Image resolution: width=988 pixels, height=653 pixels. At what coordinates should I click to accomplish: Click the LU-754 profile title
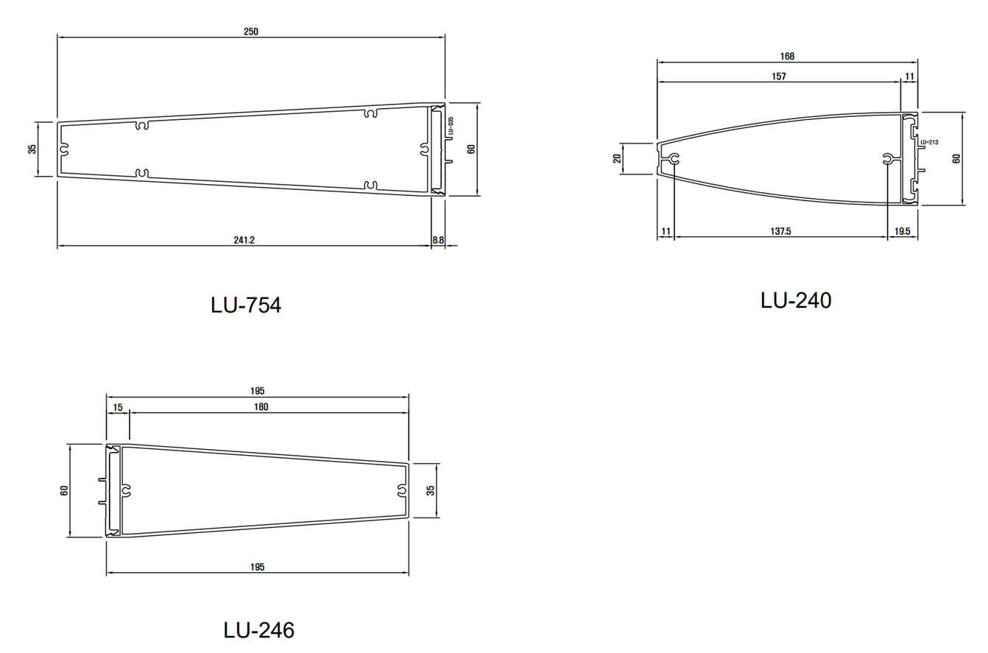coord(246,305)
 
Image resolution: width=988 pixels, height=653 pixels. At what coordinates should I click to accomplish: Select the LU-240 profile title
coord(796,300)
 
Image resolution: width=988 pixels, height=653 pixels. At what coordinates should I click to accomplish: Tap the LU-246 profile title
coord(259,630)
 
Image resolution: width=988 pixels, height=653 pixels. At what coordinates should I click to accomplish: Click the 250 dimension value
coord(251,32)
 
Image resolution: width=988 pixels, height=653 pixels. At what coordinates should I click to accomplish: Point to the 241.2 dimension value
coord(244,240)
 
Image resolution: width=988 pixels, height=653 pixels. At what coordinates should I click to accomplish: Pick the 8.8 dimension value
coord(438,240)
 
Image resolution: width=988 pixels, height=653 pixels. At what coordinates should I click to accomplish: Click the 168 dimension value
coord(787,57)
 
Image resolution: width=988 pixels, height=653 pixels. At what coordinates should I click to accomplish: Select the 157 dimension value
coord(779,77)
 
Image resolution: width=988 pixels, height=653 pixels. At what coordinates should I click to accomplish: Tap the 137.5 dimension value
coord(780,231)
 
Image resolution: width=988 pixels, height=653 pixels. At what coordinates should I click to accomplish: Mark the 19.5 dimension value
coord(903,231)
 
